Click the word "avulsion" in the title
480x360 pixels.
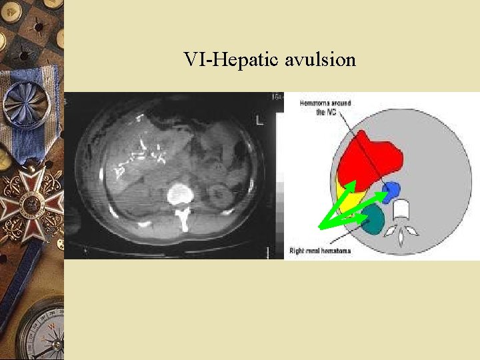click(x=320, y=61)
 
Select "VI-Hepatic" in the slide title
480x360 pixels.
click(x=233, y=61)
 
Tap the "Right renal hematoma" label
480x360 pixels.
click(x=320, y=251)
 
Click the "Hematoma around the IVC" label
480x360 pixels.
click(x=325, y=107)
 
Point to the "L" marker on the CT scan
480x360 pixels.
click(x=259, y=120)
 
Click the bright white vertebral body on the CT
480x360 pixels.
click(x=180, y=195)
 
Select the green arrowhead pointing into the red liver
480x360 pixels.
click(x=352, y=185)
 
